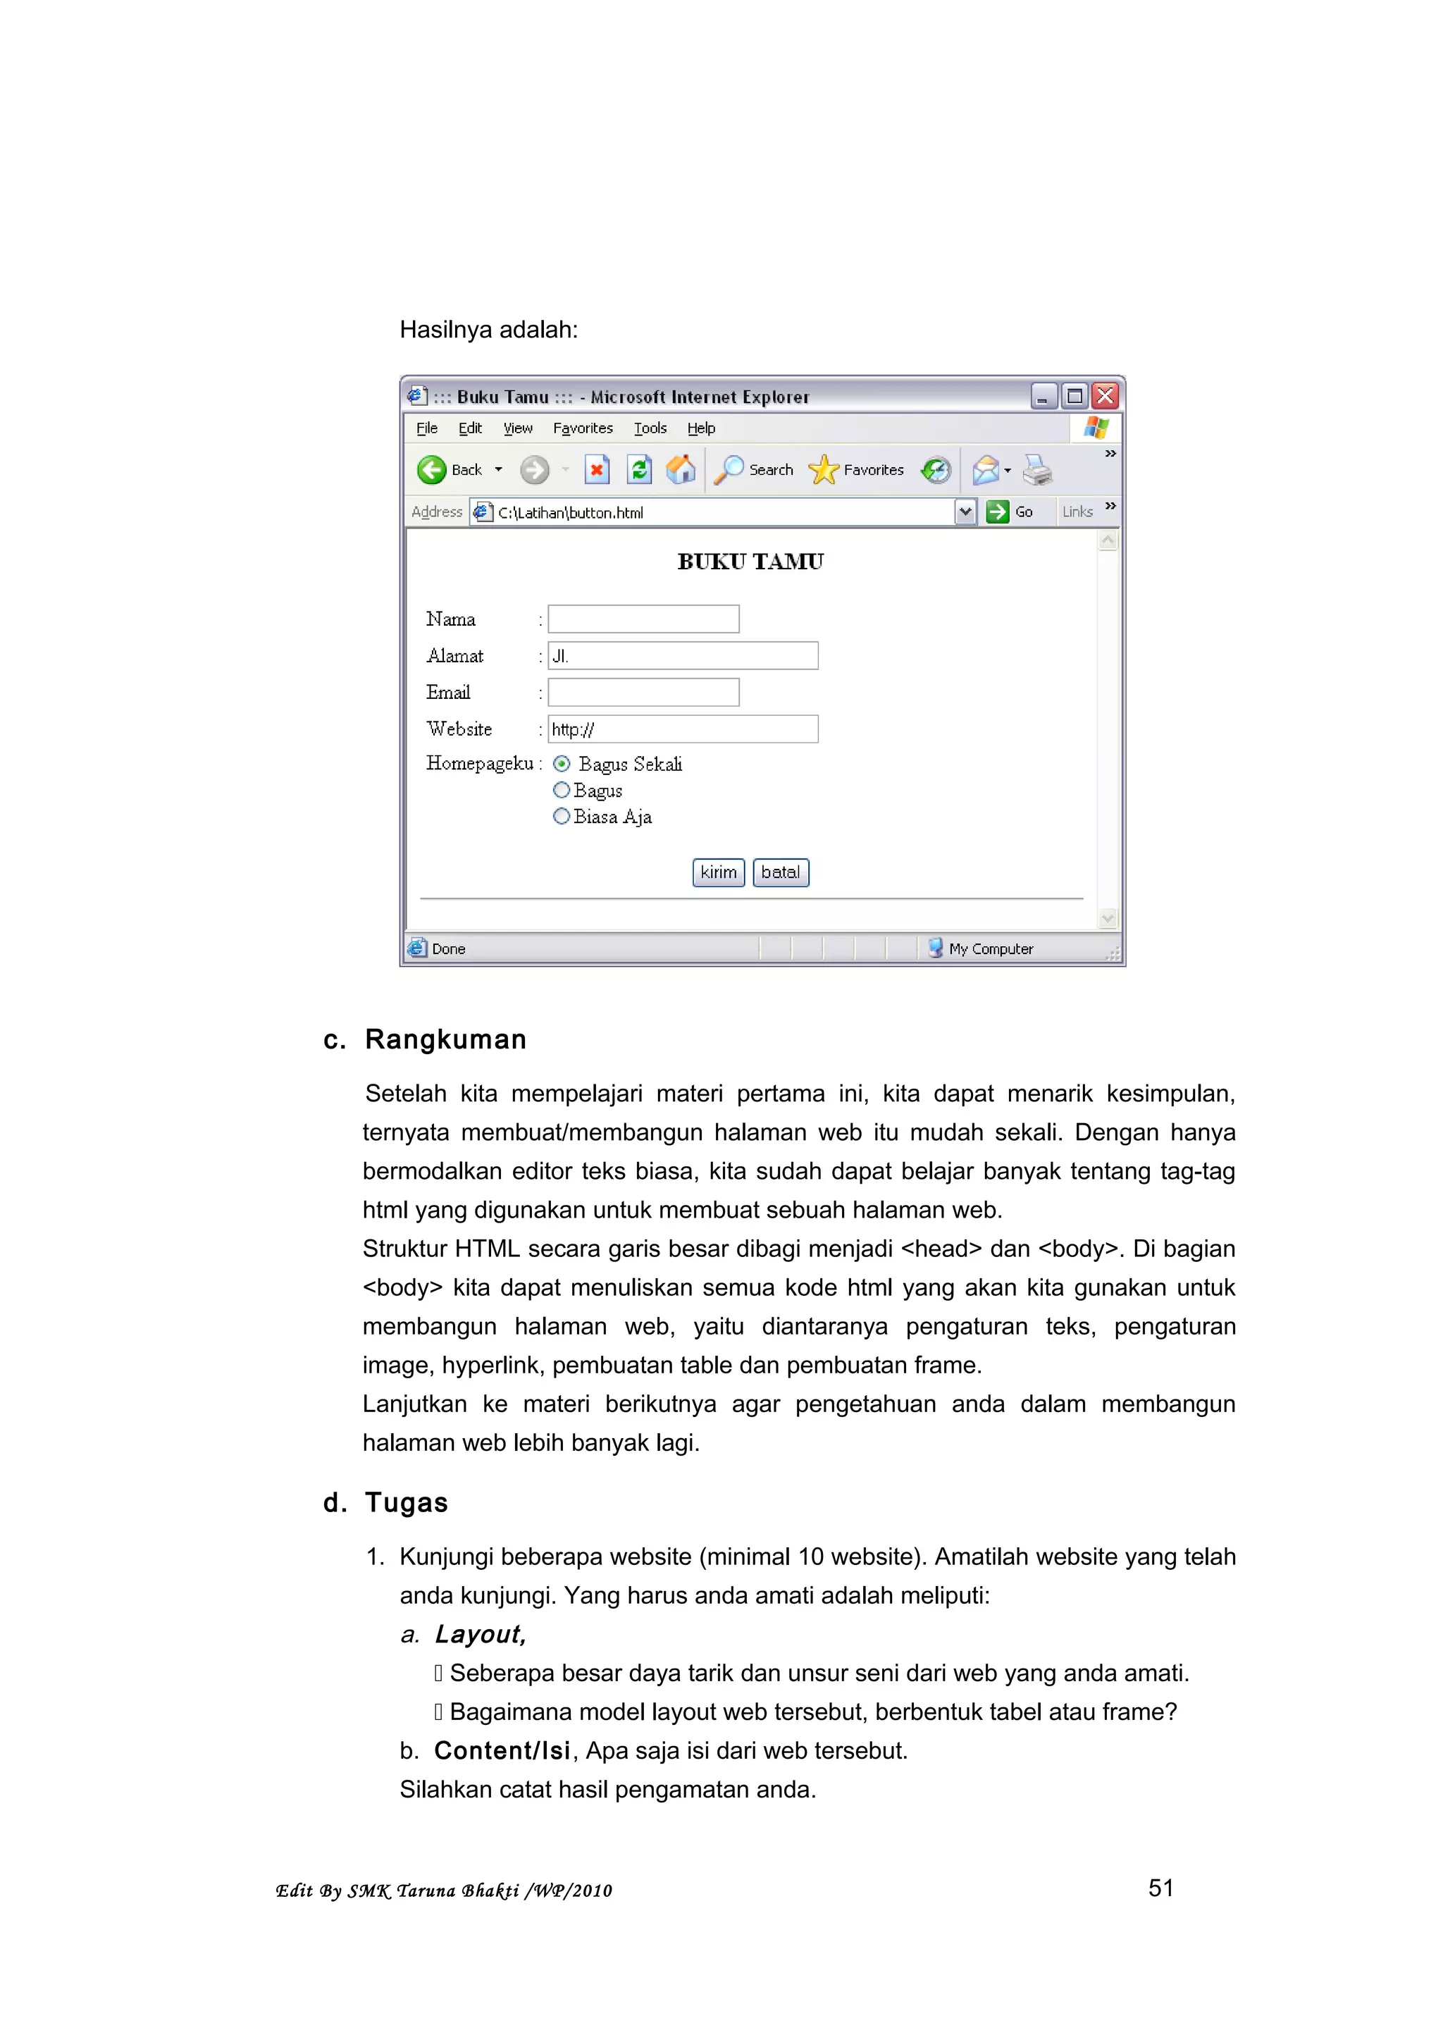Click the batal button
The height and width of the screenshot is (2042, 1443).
pyautogui.click(x=780, y=872)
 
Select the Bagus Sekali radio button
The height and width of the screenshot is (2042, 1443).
pyautogui.click(x=561, y=764)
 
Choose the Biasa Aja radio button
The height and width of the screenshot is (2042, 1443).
pyautogui.click(x=561, y=817)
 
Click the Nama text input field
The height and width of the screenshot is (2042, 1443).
pyautogui.click(x=643, y=619)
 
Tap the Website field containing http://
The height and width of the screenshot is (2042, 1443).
pyautogui.click(x=682, y=729)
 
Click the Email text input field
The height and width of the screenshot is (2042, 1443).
pyautogui.click(x=643, y=692)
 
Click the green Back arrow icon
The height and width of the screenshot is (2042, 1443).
pyautogui.click(x=432, y=469)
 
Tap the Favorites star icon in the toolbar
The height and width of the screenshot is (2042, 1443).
pyautogui.click(x=823, y=469)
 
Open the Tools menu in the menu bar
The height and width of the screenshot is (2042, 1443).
pyautogui.click(x=650, y=428)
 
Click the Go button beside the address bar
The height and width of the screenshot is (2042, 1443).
pyautogui.click(x=1009, y=512)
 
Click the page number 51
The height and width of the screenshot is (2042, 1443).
pyautogui.click(x=1160, y=1888)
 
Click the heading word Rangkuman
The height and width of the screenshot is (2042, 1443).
pyautogui.click(x=445, y=1040)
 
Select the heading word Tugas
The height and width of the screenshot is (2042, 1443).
pyautogui.click(x=407, y=1503)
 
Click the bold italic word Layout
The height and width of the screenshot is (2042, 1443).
pyautogui.click(x=480, y=1635)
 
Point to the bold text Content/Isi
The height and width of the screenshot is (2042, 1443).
pyautogui.click(x=502, y=1751)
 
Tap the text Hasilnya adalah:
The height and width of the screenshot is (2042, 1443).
pyautogui.click(x=488, y=330)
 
